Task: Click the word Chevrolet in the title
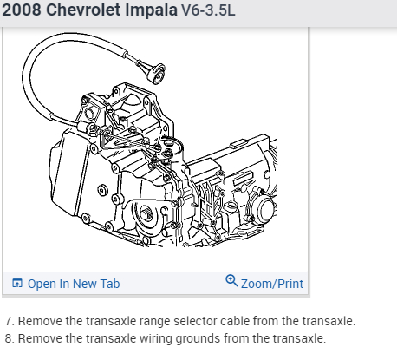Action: [83, 10]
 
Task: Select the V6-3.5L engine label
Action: [208, 10]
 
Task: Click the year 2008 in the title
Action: [22, 10]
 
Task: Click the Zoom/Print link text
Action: [272, 284]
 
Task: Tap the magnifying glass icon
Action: [231, 280]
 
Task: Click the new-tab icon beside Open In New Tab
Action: [17, 283]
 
